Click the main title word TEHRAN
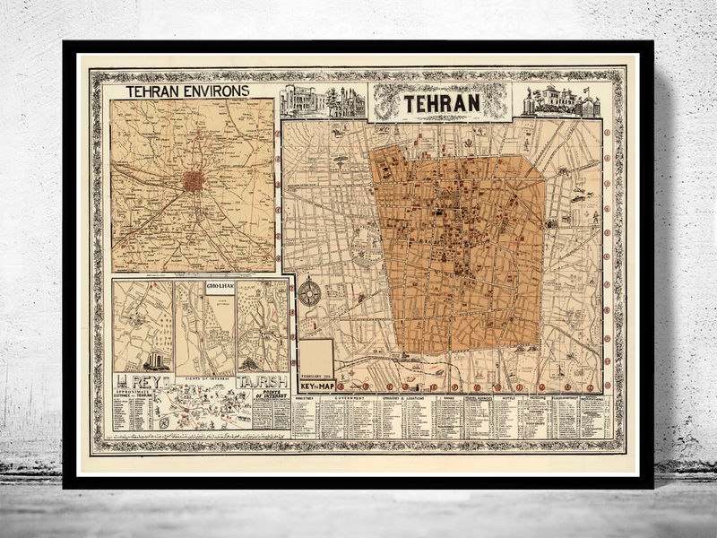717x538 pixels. (441, 103)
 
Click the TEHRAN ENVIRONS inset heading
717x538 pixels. (187, 91)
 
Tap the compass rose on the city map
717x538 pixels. (310, 291)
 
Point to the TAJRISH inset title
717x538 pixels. (263, 382)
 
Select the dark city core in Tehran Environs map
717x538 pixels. (194, 181)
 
